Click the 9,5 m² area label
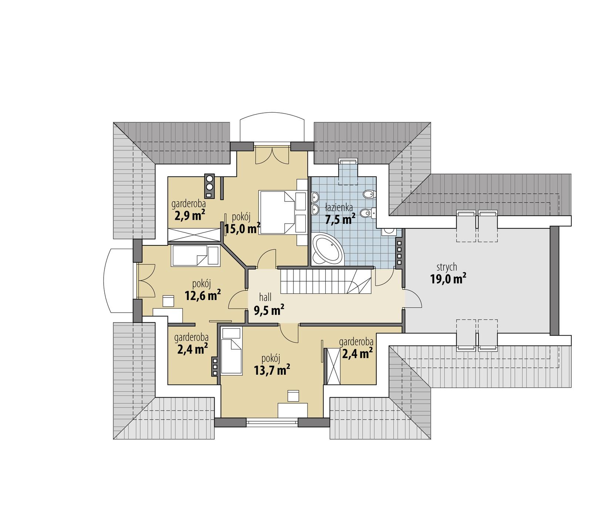tap(269, 310)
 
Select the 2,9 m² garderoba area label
tap(190, 215)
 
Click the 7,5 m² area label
tap(340, 219)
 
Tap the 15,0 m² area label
tap(242, 229)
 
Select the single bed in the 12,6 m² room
tap(195, 256)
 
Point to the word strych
tap(447, 267)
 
